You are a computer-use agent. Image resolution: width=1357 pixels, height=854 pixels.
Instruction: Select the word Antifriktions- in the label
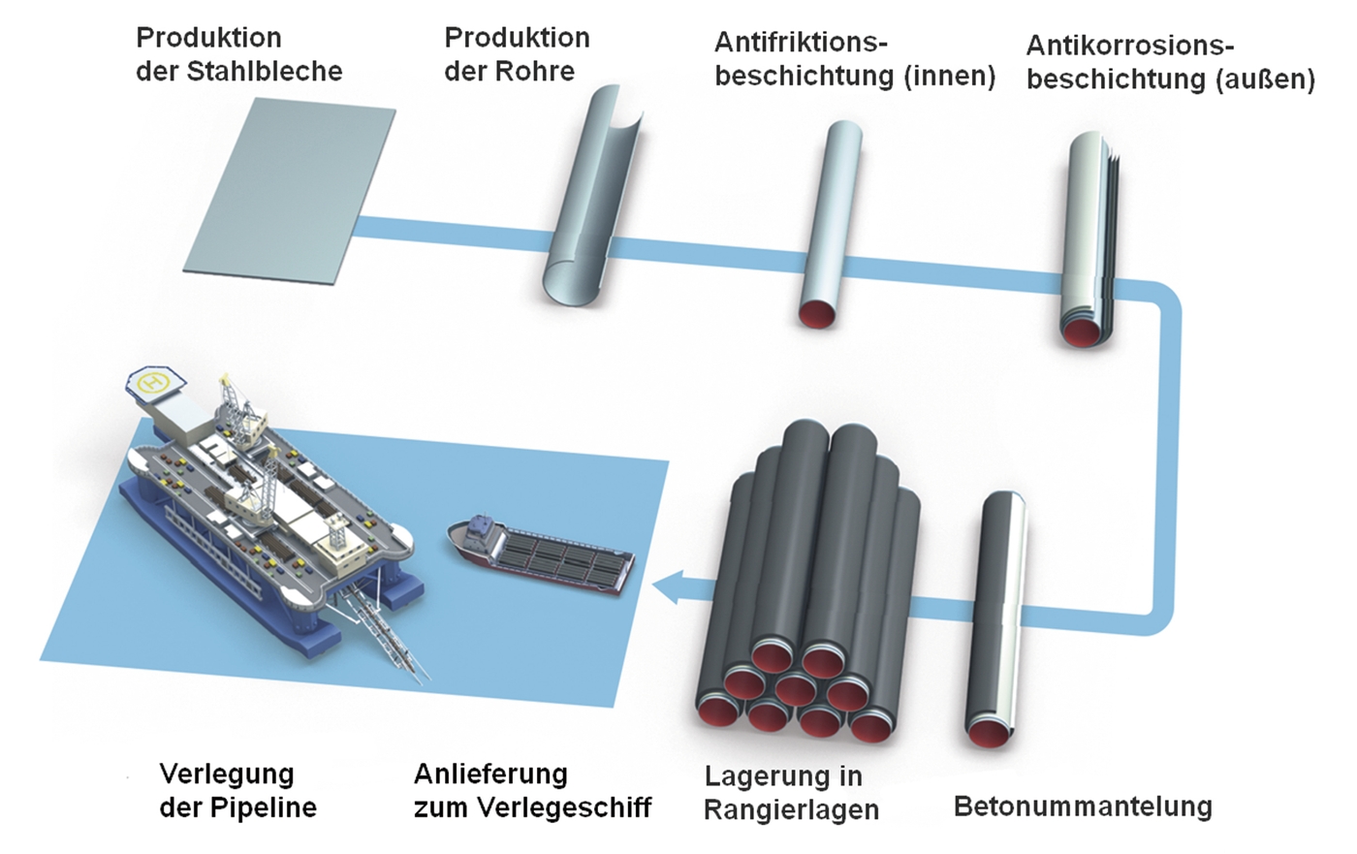[x=801, y=44]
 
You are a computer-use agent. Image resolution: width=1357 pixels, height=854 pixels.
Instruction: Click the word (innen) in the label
[x=950, y=77]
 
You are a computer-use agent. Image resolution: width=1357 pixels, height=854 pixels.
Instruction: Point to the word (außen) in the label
[x=1265, y=79]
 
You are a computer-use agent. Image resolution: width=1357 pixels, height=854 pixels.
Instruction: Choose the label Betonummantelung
[x=1083, y=807]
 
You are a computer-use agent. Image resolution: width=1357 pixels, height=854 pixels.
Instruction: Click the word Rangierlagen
[x=791, y=810]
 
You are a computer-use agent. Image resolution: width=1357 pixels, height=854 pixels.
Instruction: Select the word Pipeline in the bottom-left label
[x=267, y=807]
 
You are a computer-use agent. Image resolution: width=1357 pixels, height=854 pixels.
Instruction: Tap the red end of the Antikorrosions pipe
[x=1083, y=332]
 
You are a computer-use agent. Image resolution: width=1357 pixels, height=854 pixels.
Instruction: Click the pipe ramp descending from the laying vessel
[x=397, y=630]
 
